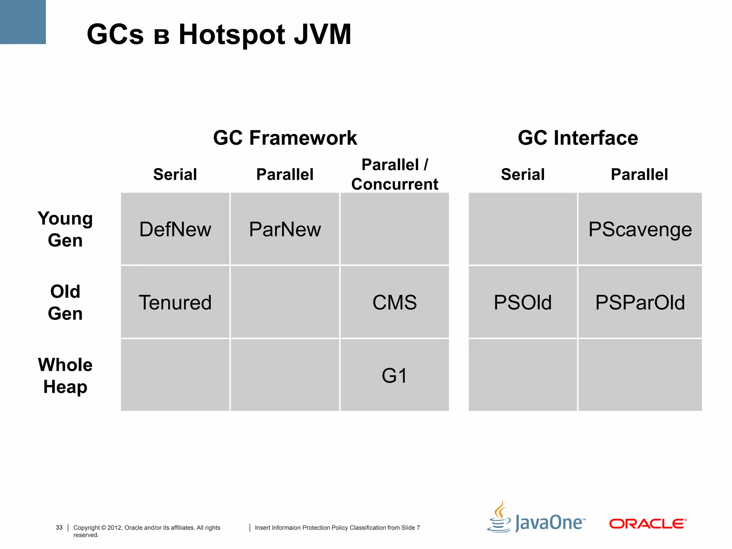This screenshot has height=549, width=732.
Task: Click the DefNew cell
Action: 175,229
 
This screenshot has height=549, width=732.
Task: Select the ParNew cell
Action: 285,229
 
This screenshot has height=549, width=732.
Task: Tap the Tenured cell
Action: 175,302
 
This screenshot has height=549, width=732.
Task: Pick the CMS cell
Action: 395,302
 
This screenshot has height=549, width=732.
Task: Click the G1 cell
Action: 395,376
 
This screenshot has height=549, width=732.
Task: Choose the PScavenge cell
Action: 640,229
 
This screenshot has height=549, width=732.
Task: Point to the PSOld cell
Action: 523,302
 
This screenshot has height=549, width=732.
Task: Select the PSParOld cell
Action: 640,302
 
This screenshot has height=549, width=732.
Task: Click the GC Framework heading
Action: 285,138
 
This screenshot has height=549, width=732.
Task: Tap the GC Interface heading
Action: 578,138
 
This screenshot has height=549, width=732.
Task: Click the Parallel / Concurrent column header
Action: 395,174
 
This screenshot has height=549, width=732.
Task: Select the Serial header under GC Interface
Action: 523,174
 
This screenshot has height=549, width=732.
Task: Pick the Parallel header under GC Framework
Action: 285,174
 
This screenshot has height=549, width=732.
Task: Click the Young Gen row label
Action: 65,229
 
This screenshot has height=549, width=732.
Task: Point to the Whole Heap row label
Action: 65,376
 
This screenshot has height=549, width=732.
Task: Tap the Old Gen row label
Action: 65,302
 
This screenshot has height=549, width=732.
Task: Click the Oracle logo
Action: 648,524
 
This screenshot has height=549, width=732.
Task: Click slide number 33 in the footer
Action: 59,528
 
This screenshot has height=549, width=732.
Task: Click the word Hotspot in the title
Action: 232,35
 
